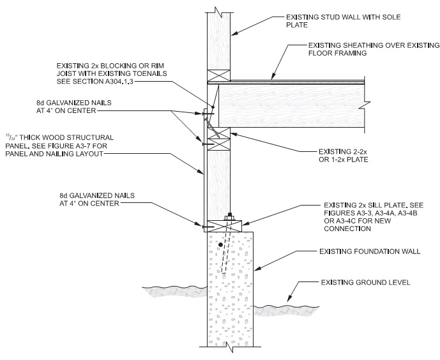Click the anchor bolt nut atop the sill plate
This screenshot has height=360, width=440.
coord(228,216)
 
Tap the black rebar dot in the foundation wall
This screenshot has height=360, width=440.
coord(220,244)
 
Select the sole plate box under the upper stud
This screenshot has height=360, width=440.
coord(219,75)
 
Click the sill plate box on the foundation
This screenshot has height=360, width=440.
coord(220,225)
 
